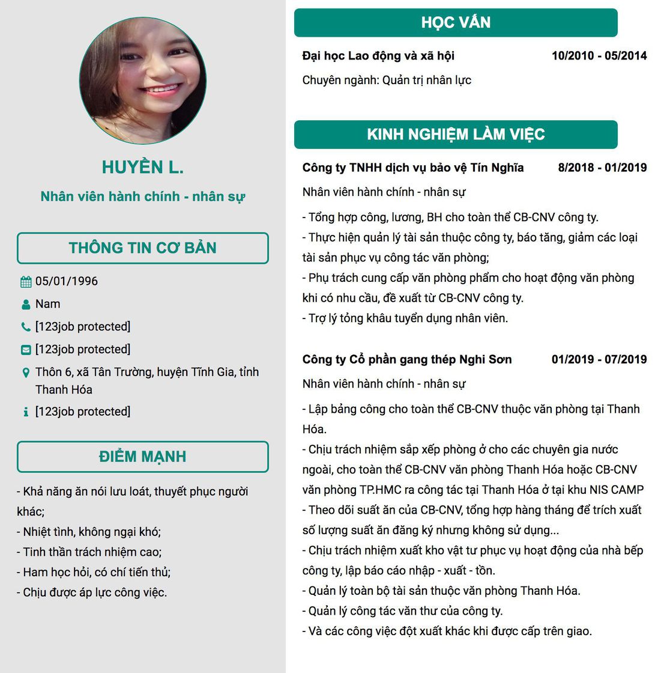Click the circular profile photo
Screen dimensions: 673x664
pos(143,81)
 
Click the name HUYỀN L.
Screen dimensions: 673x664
pos(143,168)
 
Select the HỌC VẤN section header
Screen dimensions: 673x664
pos(456,23)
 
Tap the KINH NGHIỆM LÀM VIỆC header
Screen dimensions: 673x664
pos(456,135)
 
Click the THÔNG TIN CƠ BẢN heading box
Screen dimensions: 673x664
pos(143,248)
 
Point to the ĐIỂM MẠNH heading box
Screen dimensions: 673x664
pos(143,457)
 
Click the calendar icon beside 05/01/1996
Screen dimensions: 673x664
pos(26,282)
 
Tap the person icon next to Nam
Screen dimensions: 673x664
pos(26,305)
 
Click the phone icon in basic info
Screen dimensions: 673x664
pos(26,327)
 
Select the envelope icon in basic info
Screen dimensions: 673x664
pos(26,350)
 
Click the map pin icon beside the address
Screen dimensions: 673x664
pos(26,373)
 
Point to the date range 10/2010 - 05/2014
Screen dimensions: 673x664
pos(599,56)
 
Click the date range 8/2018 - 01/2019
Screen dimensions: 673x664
pos(602,168)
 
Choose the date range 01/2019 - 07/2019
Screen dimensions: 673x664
pos(599,359)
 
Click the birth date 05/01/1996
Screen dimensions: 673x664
pos(66,281)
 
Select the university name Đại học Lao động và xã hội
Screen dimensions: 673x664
pos(378,56)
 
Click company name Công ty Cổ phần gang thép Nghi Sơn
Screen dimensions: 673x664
pos(407,359)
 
